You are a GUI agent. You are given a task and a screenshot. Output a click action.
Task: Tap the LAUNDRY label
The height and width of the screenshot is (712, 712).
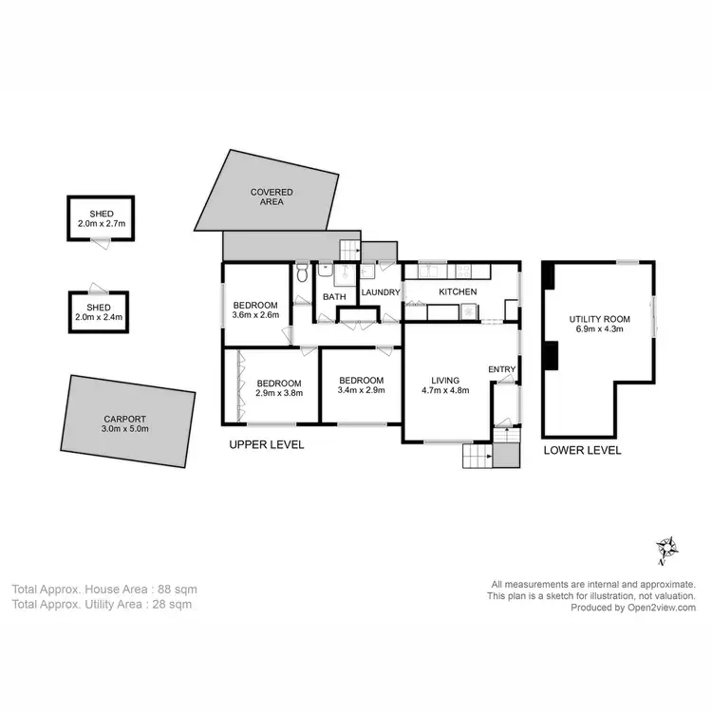click(380, 292)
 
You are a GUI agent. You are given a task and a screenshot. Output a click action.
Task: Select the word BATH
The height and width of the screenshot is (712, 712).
click(334, 297)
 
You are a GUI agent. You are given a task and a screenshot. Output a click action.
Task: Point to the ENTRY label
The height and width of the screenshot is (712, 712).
click(501, 369)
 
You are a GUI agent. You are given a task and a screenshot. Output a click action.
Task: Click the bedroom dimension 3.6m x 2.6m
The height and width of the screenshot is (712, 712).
click(256, 316)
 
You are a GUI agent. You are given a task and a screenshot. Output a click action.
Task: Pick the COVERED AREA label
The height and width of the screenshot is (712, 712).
click(272, 197)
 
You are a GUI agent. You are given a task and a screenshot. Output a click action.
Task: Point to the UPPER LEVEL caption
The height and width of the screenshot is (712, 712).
click(267, 444)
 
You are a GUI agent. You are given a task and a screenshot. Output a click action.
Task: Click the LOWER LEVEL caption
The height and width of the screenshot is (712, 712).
click(583, 450)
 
